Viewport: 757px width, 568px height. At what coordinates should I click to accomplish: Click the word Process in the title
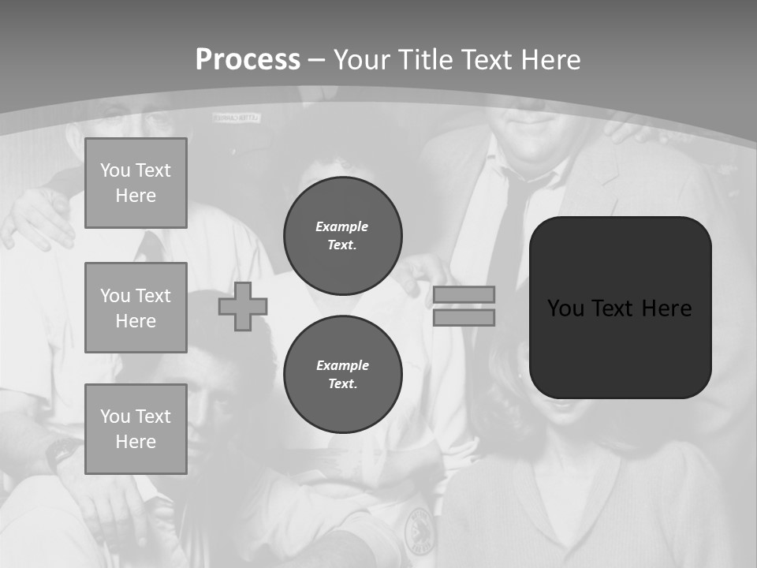coord(248,60)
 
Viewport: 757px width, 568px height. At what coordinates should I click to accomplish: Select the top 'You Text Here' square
coord(136,183)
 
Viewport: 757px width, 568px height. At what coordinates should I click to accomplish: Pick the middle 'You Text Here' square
coord(136,308)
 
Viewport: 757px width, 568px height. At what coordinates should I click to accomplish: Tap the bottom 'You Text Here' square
coord(136,428)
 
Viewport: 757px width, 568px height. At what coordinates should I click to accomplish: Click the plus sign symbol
coord(243,306)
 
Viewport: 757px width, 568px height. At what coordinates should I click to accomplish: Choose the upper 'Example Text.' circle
coord(342,236)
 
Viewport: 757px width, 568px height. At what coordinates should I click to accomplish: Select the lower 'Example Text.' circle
coord(342,375)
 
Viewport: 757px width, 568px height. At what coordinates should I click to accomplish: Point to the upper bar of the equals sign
coord(464,294)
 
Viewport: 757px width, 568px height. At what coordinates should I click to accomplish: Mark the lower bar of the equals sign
coord(464,317)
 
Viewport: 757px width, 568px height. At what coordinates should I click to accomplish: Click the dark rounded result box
coord(620,307)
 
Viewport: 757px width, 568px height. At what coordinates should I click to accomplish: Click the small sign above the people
coord(236,118)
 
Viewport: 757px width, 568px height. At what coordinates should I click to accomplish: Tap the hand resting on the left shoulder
coord(35,217)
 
